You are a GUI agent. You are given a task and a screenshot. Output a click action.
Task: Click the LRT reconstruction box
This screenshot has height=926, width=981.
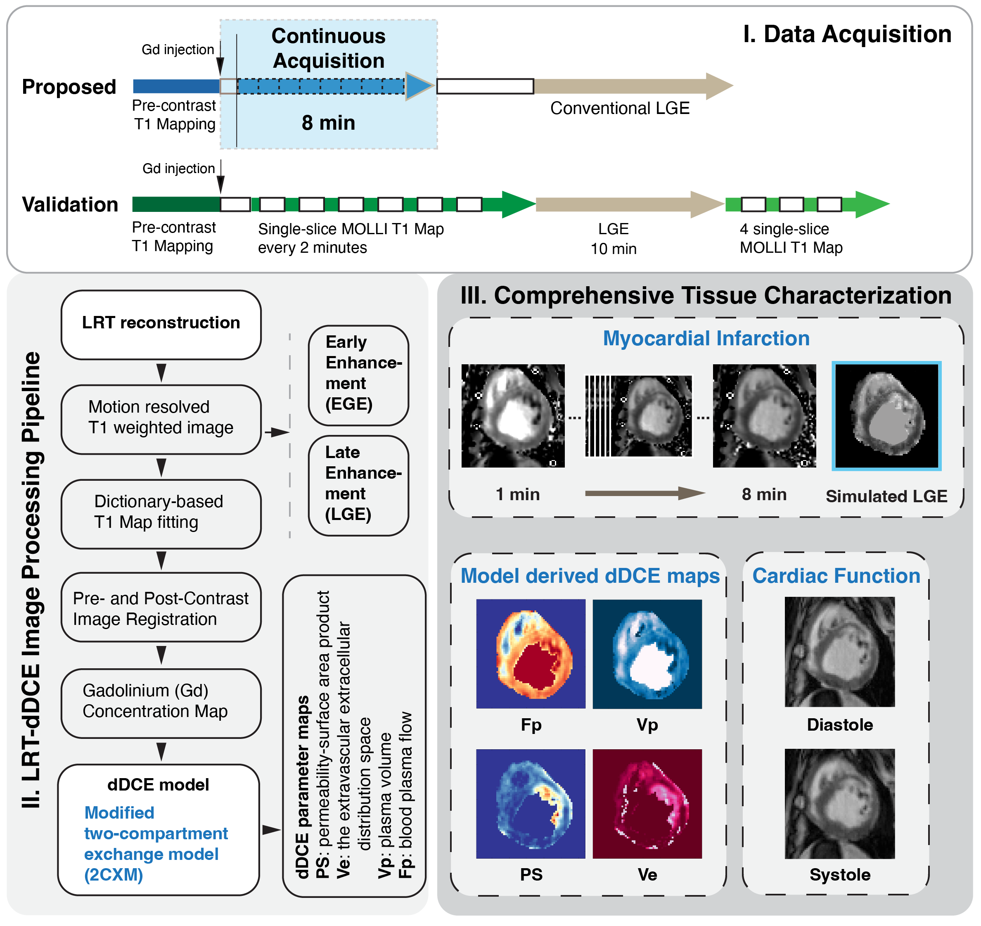point(161,324)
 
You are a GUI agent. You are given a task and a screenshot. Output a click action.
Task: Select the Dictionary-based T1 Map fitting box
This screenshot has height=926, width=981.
point(161,513)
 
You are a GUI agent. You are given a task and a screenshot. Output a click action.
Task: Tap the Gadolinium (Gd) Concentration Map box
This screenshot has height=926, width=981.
point(161,703)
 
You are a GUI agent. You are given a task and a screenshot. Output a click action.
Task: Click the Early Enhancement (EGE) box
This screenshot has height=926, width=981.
point(358,375)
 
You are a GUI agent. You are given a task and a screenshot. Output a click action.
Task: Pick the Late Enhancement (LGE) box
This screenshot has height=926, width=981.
point(358,485)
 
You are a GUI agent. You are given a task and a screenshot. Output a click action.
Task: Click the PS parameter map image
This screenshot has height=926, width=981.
point(531,804)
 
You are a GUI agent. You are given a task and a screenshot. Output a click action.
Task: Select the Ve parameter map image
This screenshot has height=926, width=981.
point(647,804)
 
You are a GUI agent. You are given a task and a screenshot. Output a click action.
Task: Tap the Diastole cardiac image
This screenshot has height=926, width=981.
point(839,652)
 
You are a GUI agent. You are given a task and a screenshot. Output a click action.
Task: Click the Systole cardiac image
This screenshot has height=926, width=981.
point(839,804)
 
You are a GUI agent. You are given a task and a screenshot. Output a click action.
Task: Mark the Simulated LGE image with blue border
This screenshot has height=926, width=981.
point(887,416)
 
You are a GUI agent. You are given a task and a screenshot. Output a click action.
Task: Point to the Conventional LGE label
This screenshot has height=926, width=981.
point(620,108)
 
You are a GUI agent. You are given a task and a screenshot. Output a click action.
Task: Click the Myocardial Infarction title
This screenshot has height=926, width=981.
point(706,339)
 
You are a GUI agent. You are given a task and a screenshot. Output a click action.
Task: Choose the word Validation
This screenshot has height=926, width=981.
point(70,204)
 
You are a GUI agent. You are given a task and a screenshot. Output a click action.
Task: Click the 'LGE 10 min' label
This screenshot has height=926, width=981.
point(614,239)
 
